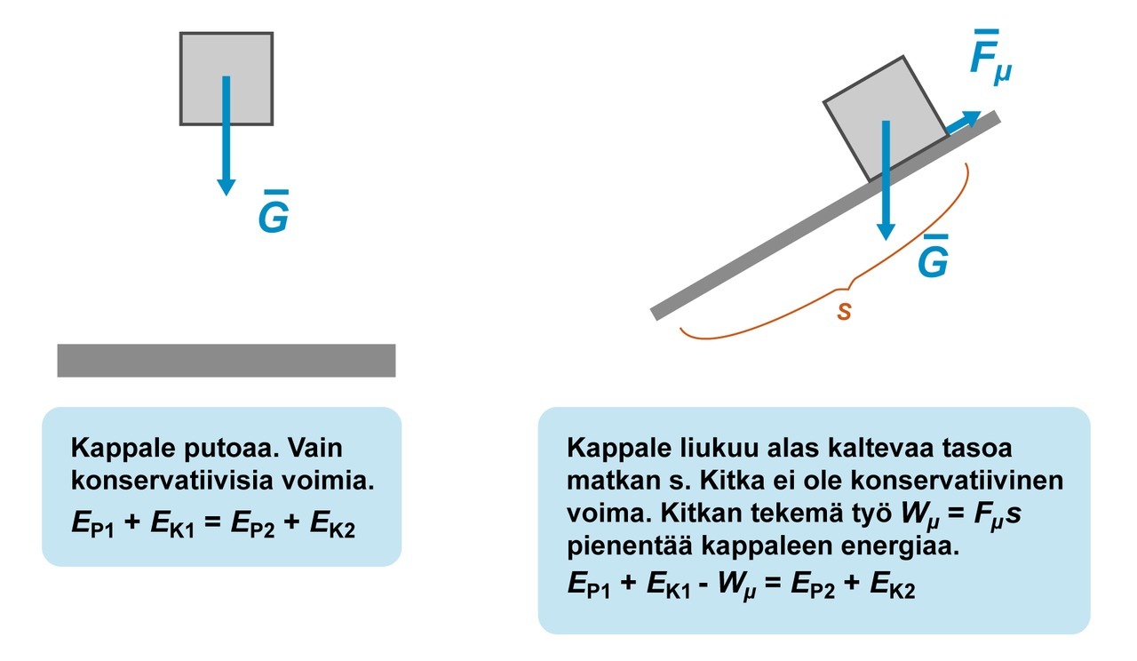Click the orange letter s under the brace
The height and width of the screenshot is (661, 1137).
click(x=844, y=313)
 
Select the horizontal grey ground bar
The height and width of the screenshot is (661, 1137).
click(x=226, y=360)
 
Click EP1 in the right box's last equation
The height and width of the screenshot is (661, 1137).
click(x=588, y=587)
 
